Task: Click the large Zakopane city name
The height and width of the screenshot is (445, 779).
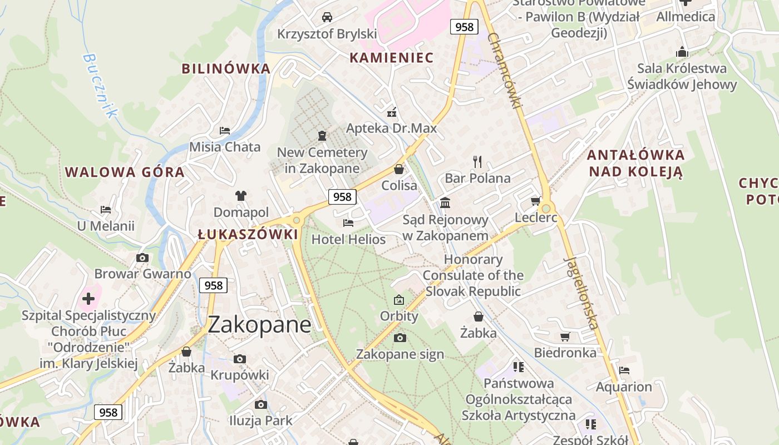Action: [259, 325]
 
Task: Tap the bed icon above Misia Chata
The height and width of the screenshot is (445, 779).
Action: [225, 131]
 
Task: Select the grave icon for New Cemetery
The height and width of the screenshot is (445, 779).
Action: [322, 135]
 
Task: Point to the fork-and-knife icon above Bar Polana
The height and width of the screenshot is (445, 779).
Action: [477, 162]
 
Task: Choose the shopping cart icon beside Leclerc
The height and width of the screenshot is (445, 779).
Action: [536, 201]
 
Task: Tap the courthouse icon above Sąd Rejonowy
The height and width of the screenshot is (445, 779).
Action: [445, 203]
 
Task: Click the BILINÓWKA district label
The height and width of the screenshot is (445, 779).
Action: [226, 68]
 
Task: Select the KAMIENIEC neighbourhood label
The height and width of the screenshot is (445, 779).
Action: [392, 57]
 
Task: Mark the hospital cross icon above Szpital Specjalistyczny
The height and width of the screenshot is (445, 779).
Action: [88, 299]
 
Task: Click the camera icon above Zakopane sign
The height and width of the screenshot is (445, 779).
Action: [400, 338]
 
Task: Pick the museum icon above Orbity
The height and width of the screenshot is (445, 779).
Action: [399, 300]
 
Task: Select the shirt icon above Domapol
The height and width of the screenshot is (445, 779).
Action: [241, 196]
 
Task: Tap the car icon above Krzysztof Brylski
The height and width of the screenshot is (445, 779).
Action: [327, 17]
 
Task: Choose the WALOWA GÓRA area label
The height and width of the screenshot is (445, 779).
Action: [125, 172]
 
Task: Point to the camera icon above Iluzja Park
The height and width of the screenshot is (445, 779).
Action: [260, 405]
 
